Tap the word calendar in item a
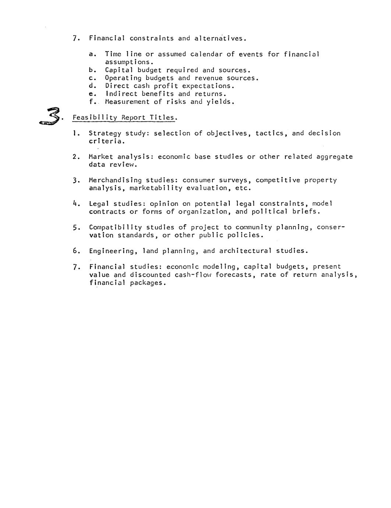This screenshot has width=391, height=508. pos(206,54)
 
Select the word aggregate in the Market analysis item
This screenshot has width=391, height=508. pos(334,157)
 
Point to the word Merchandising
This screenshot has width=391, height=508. pos(115,180)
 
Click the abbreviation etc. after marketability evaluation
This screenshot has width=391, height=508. pos(243,188)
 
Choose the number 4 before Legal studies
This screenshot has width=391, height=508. pos(75,204)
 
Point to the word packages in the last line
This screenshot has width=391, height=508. pos(148,283)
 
